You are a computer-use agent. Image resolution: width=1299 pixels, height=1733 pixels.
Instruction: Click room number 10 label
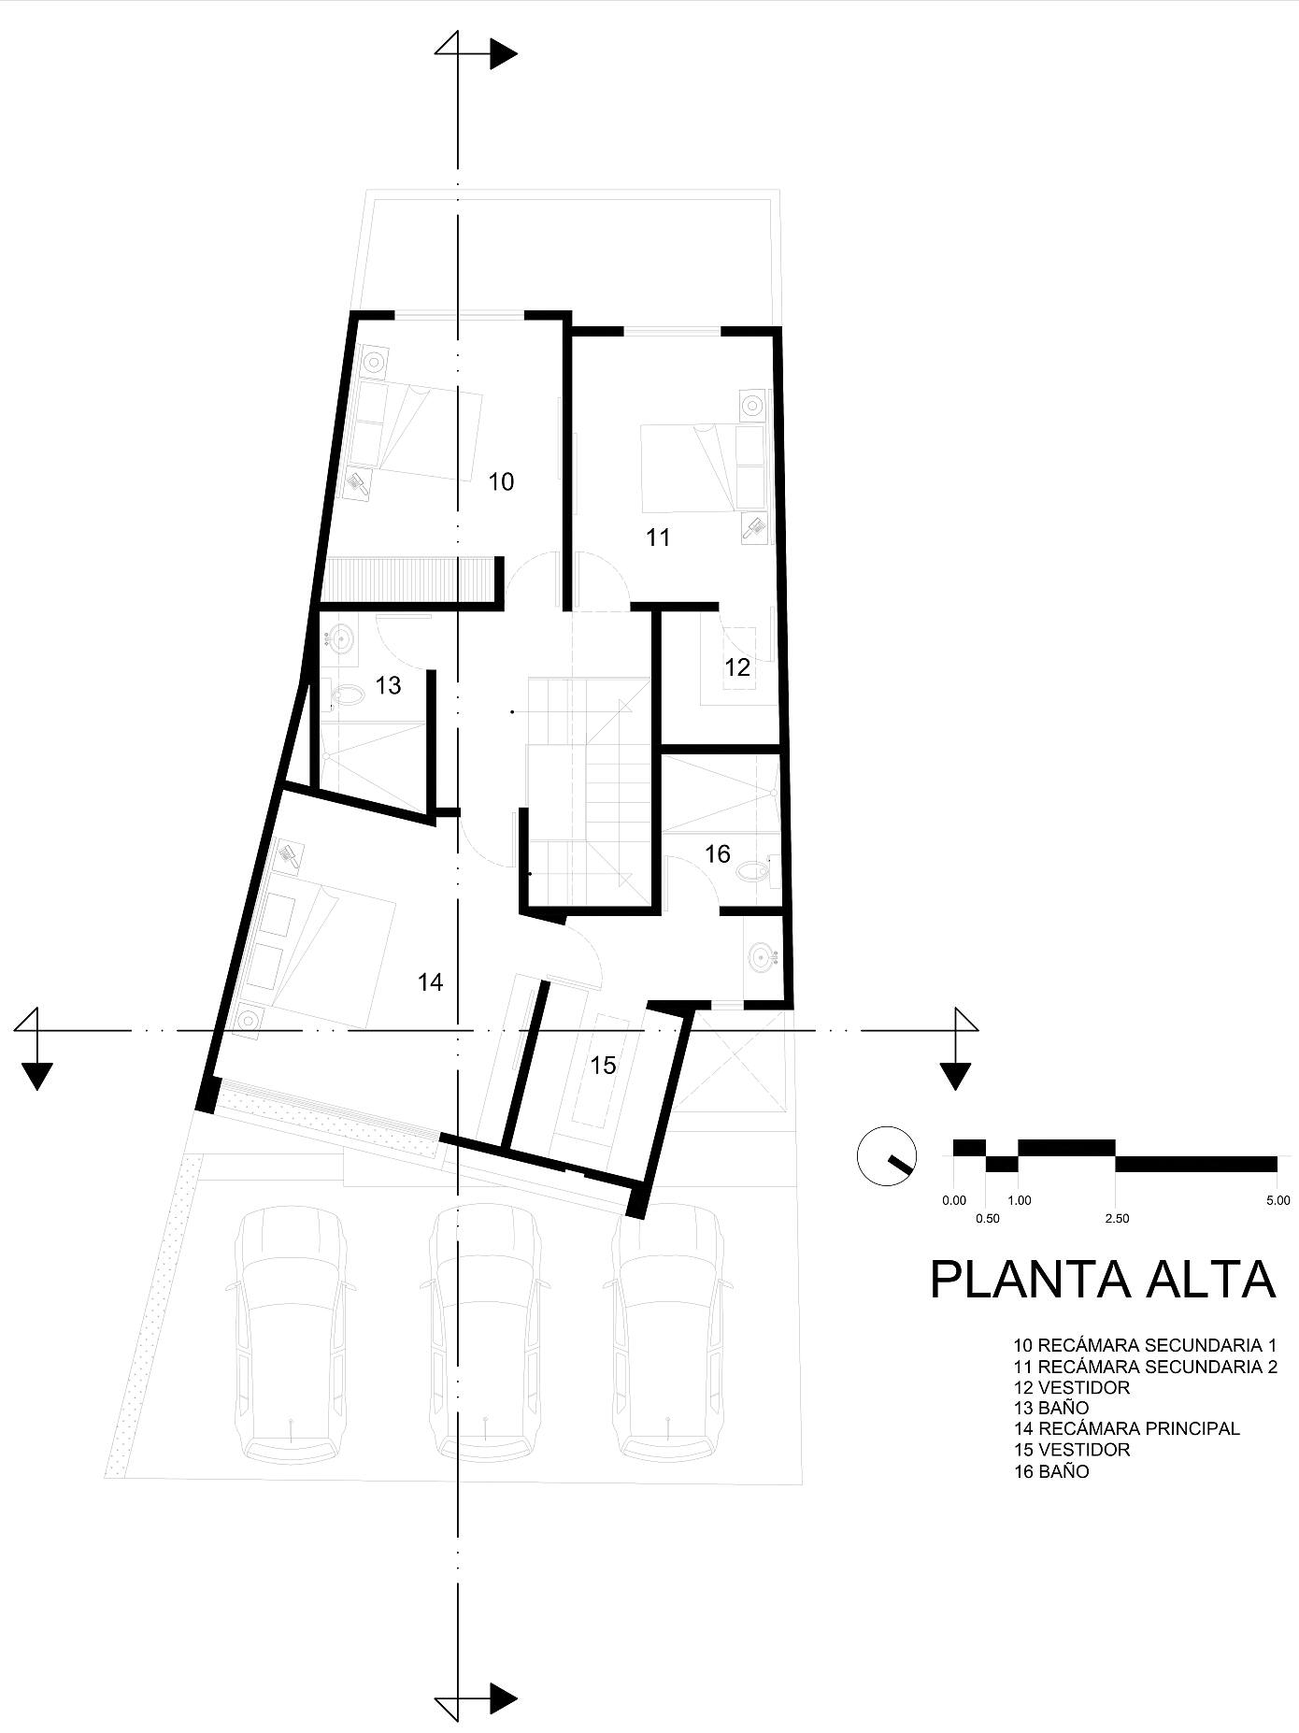tap(501, 481)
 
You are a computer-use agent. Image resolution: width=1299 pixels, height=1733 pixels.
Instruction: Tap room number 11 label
tap(658, 537)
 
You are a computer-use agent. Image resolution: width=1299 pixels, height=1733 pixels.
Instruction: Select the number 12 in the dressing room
tap(737, 667)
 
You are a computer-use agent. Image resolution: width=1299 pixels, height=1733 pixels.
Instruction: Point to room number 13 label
tap(388, 685)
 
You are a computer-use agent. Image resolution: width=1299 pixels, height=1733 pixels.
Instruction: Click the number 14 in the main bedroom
tap(430, 982)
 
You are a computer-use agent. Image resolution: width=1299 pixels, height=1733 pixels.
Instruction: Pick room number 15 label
tap(603, 1066)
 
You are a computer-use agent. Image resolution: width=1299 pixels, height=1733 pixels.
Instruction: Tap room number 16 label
tap(717, 854)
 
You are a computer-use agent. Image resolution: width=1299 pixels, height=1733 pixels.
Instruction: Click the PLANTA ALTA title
tap(1103, 1280)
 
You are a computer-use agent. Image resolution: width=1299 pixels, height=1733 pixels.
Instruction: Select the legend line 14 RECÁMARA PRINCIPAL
tap(1126, 1428)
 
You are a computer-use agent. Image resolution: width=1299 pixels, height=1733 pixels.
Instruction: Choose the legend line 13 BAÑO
tap(1051, 1408)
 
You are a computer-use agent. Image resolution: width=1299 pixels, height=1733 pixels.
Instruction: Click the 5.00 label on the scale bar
tap(1278, 1200)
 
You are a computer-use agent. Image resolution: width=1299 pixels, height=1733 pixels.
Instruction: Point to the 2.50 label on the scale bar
tap(1116, 1218)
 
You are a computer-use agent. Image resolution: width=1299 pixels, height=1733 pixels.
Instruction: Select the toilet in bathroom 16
tap(752, 873)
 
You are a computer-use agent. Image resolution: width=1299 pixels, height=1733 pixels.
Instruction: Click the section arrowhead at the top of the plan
tap(503, 54)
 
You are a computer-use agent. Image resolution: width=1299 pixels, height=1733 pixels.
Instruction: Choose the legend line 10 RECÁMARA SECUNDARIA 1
tap(1145, 1346)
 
